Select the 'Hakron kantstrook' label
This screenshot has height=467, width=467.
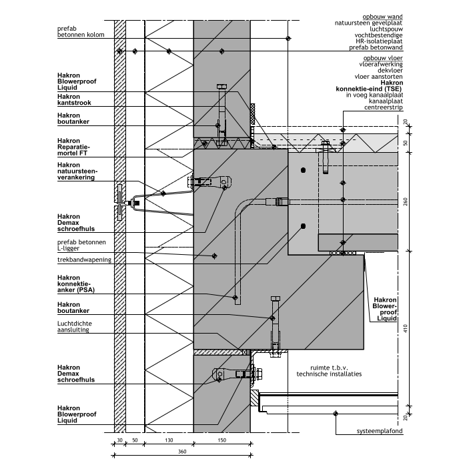click(74, 100)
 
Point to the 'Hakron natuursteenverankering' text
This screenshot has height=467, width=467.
click(77, 171)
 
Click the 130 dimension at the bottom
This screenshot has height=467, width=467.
click(169, 441)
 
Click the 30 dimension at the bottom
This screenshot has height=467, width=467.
click(119, 441)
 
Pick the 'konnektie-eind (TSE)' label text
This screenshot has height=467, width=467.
click(372, 89)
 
